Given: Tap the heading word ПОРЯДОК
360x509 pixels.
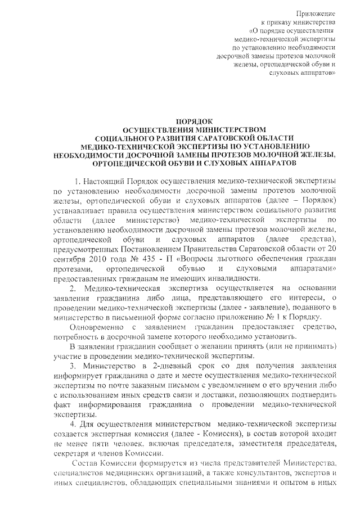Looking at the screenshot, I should click(193, 121).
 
